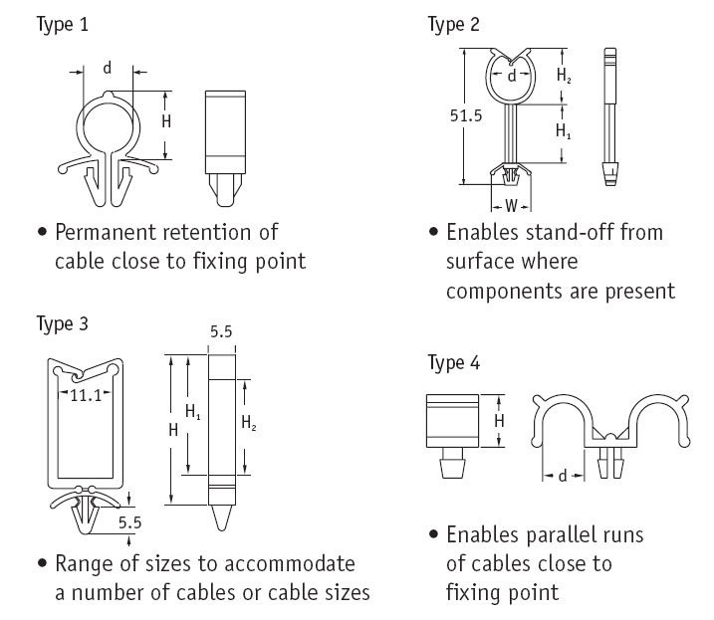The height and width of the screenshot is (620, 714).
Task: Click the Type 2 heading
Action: pyautogui.click(x=454, y=25)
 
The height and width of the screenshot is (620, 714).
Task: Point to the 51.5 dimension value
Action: pyautogui.click(x=466, y=114)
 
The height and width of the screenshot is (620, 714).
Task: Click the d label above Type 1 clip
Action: pyautogui.click(x=107, y=69)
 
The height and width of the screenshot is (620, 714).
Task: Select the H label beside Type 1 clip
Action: pyautogui.click(x=166, y=121)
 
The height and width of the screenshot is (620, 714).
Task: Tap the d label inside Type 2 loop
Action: pyautogui.click(x=511, y=76)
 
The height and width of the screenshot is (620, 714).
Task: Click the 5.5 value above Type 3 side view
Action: pyautogui.click(x=220, y=334)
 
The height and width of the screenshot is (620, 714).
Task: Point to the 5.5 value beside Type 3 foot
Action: pyautogui.click(x=127, y=520)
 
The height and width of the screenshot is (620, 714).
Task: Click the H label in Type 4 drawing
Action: pyautogui.click(x=500, y=420)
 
